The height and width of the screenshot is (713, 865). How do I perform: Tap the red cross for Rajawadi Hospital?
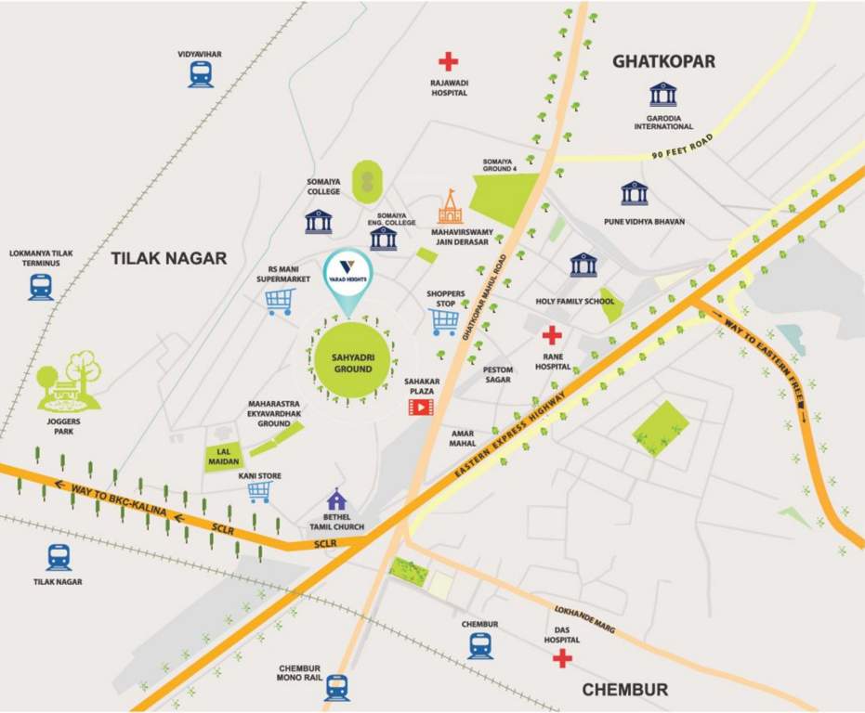[x=449, y=61]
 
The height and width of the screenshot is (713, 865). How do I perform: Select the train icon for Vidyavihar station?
[x=201, y=74]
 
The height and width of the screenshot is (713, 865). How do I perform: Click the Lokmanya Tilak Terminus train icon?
[x=41, y=286]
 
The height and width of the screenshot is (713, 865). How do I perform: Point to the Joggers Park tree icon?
[x=68, y=382]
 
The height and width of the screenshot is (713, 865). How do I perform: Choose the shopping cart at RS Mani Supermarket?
[x=280, y=301]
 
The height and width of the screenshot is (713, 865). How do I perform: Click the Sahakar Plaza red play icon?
[x=421, y=406]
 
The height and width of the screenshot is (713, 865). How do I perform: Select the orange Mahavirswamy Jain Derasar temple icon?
[x=450, y=208]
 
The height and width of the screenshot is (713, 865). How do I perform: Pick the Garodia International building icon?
[x=663, y=95]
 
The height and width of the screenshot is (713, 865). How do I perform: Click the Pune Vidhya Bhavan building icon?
[x=634, y=193]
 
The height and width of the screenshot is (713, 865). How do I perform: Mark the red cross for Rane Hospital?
[x=552, y=335]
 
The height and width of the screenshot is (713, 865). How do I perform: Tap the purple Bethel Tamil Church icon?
[x=336, y=499]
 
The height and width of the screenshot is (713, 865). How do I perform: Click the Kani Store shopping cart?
[x=259, y=492]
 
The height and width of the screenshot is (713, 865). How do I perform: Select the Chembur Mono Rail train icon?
[x=336, y=686]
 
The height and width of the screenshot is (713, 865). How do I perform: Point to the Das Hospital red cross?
[x=561, y=658]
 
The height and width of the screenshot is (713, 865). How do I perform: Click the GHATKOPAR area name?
[x=663, y=61]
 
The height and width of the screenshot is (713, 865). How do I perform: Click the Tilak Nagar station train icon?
[x=59, y=557]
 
